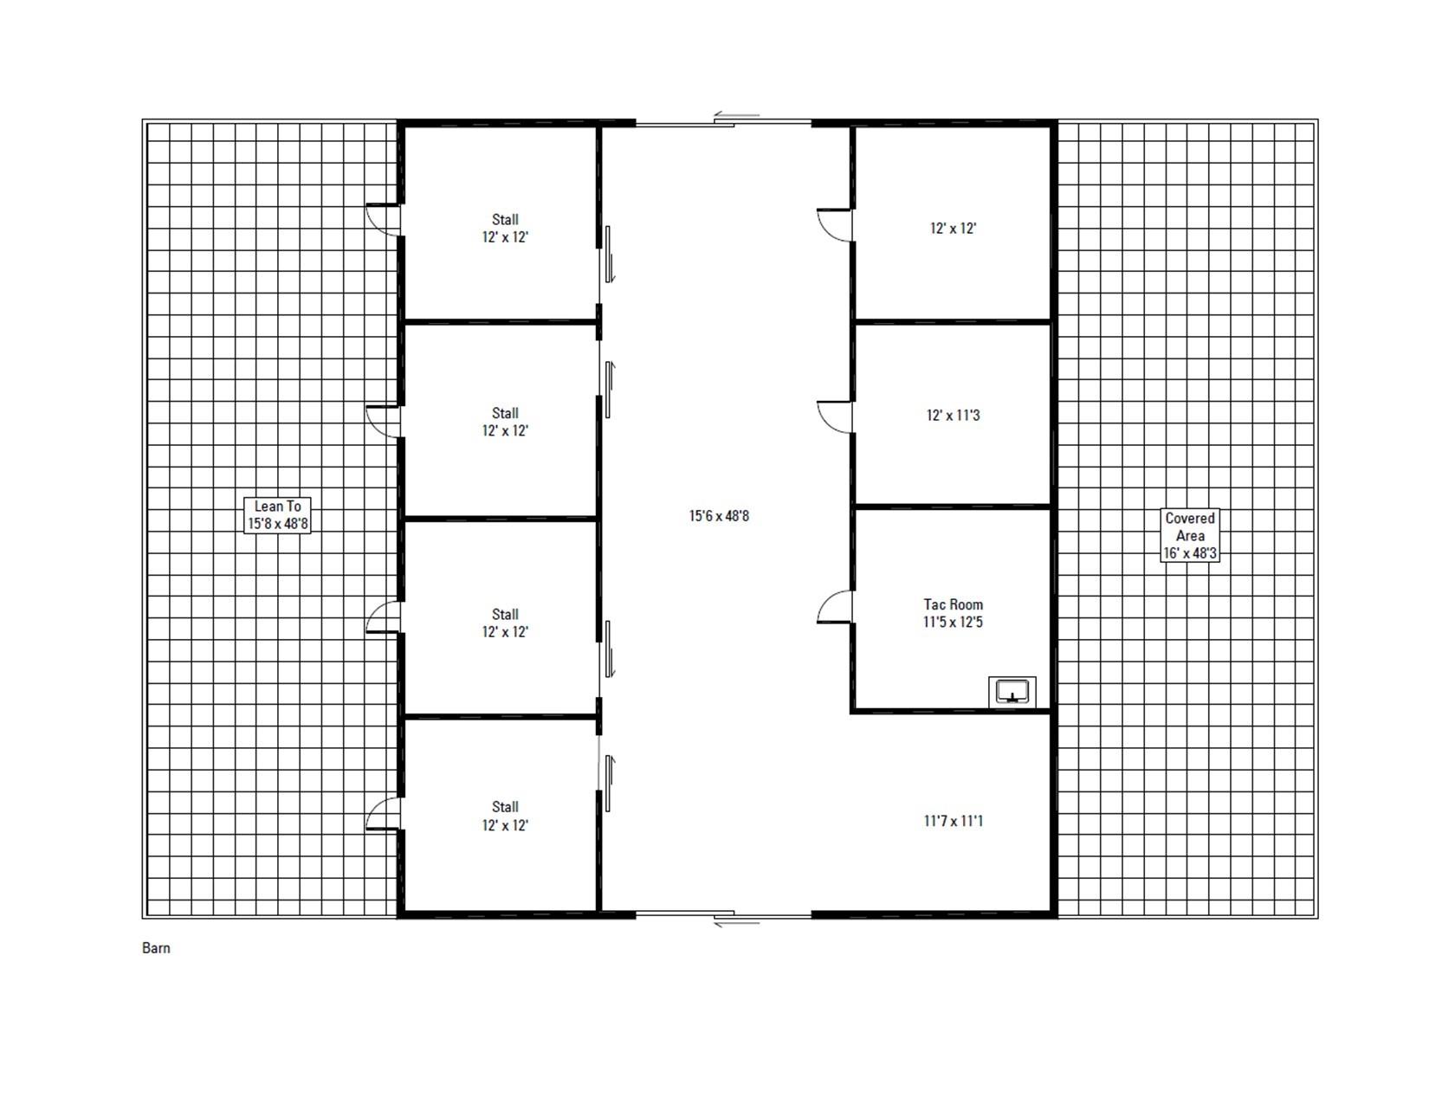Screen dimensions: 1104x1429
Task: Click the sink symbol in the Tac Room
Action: tap(1012, 692)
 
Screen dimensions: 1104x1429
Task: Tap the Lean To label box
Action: tap(277, 515)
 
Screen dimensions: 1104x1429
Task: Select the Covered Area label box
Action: tap(1190, 535)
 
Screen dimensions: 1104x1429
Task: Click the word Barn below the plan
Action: tap(156, 948)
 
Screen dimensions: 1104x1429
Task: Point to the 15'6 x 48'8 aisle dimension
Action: tap(719, 516)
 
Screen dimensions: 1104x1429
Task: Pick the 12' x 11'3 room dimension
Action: tap(953, 416)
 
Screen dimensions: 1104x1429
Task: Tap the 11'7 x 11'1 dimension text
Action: tap(953, 821)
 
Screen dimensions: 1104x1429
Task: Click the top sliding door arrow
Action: tap(736, 115)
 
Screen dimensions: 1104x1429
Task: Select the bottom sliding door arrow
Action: tap(736, 923)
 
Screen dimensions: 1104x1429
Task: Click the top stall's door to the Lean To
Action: tap(384, 220)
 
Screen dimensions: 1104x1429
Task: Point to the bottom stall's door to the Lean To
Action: tap(384, 814)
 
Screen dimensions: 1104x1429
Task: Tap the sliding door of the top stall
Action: tap(608, 253)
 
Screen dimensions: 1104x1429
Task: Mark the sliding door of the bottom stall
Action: tap(608, 784)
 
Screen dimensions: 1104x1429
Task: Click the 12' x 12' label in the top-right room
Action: tap(953, 229)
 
